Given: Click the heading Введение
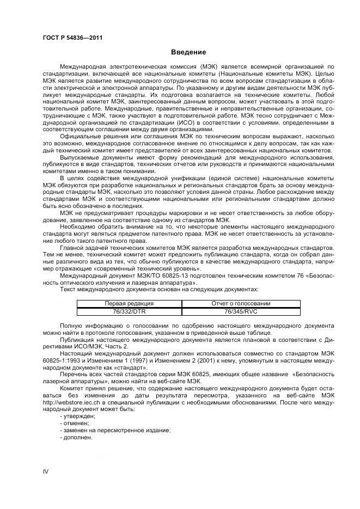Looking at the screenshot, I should (188, 52).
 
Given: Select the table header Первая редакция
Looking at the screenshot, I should (129, 303).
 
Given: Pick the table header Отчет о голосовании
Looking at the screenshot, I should (241, 303).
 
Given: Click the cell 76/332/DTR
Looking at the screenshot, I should (129, 311).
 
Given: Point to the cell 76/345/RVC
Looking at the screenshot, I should (241, 311).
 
